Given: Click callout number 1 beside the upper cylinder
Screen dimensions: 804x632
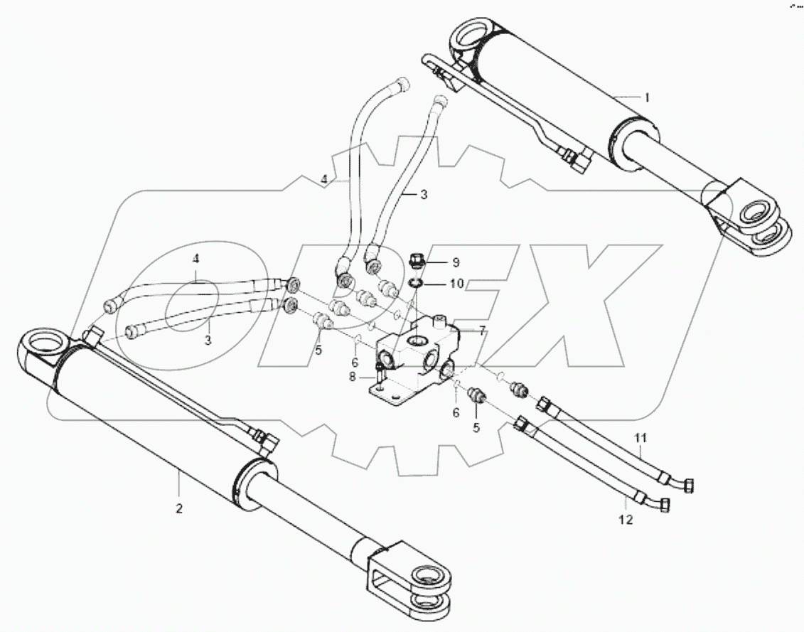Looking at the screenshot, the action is tap(647, 97).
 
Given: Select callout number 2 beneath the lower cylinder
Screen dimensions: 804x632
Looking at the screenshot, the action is tap(178, 508).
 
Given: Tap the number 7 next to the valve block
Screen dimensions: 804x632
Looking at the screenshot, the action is tap(481, 330).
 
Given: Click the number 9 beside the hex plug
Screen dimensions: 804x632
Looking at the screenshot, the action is tap(456, 262).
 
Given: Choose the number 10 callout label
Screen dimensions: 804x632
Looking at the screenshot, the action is tap(456, 284).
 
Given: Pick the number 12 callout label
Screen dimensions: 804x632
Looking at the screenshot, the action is tap(626, 520).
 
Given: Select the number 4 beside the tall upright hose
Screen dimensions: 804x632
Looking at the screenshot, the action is tap(323, 181).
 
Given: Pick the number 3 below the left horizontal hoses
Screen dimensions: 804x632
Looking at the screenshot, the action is tap(208, 340).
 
